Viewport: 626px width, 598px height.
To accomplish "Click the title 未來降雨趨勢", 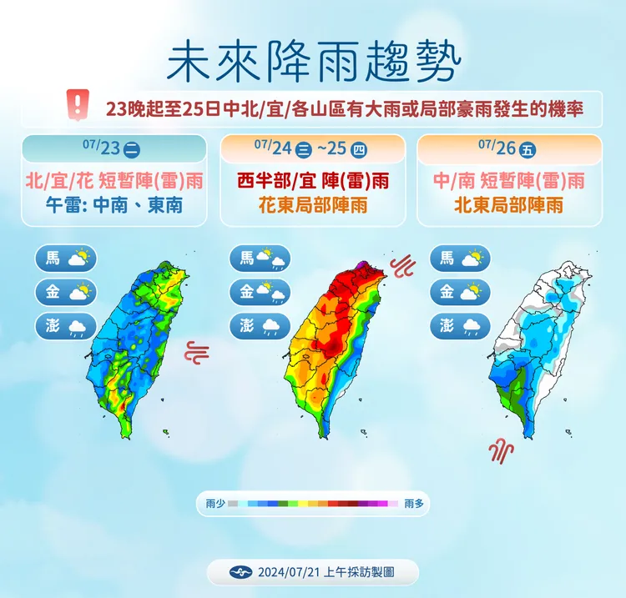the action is pyautogui.click(x=313, y=61).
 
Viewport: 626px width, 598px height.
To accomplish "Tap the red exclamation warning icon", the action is pyautogui.click(x=78, y=105).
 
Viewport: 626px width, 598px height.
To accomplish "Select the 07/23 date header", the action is pyautogui.click(x=113, y=148).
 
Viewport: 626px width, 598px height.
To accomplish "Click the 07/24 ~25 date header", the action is pyautogui.click(x=310, y=148).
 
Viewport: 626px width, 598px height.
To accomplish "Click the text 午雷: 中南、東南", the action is pyautogui.click(x=114, y=204).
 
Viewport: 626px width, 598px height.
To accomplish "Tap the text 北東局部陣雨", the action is pyautogui.click(x=508, y=204).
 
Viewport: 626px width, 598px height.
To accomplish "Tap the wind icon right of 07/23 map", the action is pyautogui.click(x=196, y=351).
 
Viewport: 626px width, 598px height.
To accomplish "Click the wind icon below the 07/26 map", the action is pyautogui.click(x=501, y=451).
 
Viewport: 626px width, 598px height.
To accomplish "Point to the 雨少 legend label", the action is pyautogui.click(x=215, y=504).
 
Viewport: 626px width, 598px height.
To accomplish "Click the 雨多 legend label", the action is pyautogui.click(x=414, y=504).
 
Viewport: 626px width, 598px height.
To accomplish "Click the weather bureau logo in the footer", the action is pyautogui.click(x=240, y=573).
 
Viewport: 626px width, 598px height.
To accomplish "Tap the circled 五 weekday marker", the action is pyautogui.click(x=527, y=150).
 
